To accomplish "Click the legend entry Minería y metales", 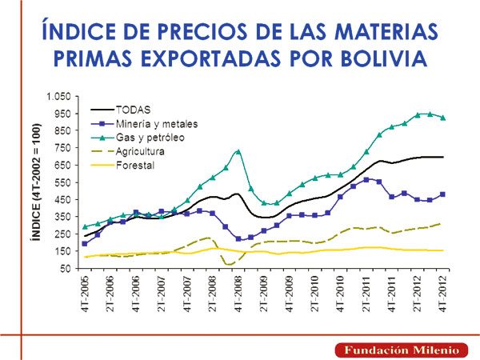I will pos(156,123).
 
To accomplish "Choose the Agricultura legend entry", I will pos(140,152).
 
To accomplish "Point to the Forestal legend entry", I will pos(134,166).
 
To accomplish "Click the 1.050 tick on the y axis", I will pos(61,97).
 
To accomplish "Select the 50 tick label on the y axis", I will pos(68,268).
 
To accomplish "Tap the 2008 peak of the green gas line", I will pos(238,150).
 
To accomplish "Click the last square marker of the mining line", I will pos(443,194).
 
